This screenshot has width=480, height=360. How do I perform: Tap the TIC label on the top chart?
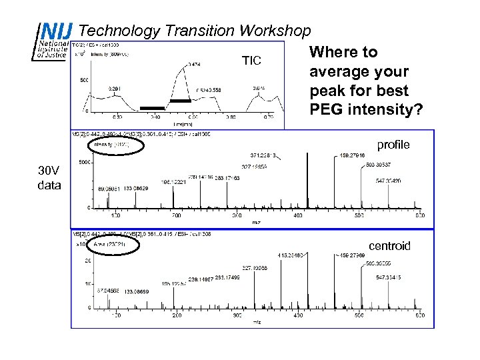point(251,61)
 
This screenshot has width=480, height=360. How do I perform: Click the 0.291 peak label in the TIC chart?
point(115,88)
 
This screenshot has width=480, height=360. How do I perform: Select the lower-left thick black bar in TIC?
point(152,108)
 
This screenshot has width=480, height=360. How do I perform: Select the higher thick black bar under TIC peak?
point(181,100)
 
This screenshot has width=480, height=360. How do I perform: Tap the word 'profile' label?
point(394,144)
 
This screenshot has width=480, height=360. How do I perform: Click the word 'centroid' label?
point(390,246)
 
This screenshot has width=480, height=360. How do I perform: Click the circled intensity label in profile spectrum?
point(111,143)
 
